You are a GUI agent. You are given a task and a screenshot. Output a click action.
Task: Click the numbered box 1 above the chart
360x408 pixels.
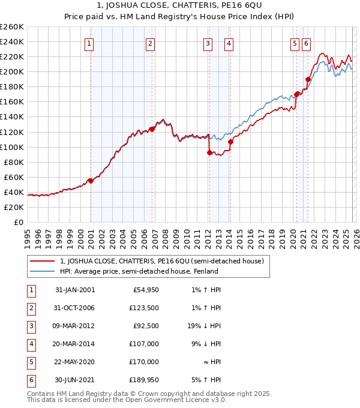(89, 43)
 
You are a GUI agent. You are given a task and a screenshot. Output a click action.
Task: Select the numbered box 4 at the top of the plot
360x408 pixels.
(229, 43)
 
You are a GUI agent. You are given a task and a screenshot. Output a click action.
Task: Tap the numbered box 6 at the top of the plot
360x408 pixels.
(306, 43)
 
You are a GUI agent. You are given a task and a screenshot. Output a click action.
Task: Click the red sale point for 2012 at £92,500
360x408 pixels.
(209, 152)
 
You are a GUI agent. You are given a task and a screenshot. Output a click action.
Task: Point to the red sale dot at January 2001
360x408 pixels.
(91, 181)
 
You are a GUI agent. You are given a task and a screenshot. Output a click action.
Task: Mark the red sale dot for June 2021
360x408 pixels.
(308, 79)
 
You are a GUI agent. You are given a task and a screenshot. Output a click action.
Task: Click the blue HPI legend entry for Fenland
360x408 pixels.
(139, 271)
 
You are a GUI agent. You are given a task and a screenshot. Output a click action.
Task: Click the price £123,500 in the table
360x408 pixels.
(144, 308)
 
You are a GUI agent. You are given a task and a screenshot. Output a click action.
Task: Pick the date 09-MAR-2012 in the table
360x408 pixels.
(74, 326)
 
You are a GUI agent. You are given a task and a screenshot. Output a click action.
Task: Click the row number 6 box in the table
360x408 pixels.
(30, 380)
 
